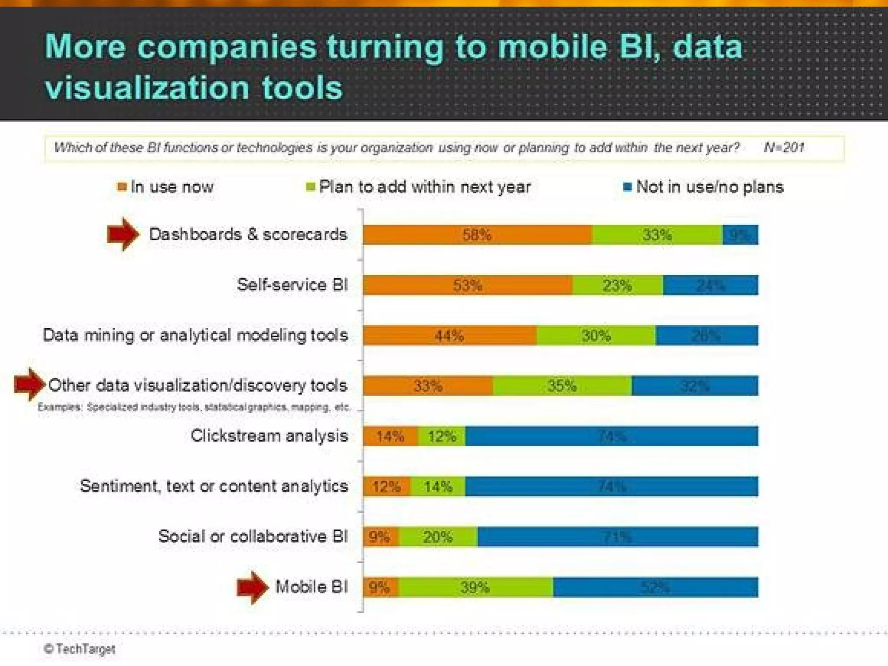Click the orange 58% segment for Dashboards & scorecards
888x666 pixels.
(477, 235)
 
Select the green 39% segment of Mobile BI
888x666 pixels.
(475, 587)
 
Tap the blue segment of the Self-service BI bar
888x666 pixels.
(710, 285)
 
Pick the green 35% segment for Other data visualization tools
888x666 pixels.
(562, 385)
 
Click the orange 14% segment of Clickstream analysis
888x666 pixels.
(390, 436)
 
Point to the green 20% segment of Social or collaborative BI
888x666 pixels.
(437, 537)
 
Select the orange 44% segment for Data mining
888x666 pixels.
(449, 335)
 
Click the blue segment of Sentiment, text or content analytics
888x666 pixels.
(611, 486)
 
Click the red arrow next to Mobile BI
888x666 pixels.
(252, 587)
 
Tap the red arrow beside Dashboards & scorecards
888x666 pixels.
(123, 234)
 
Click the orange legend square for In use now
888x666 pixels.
(122, 187)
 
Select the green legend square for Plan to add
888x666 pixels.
(310, 187)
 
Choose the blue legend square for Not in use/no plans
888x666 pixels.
(627, 187)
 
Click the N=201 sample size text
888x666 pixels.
(784, 148)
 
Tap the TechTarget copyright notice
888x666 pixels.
(80, 649)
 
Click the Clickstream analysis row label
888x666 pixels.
(269, 436)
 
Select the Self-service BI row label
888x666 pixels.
(292, 285)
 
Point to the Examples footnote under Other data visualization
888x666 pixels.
(193, 407)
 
